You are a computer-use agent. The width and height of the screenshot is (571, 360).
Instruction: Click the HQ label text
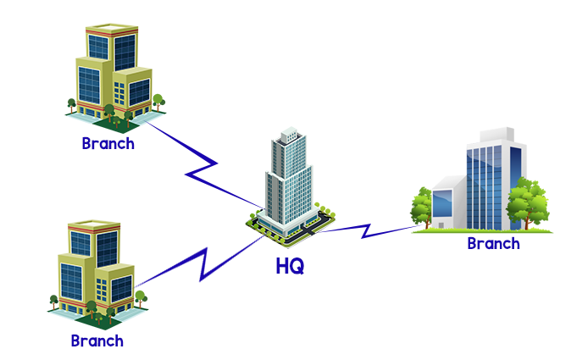point(289,265)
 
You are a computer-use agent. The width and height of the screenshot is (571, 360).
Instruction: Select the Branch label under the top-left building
point(108,143)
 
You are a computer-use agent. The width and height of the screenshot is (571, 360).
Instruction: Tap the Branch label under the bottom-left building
point(97,341)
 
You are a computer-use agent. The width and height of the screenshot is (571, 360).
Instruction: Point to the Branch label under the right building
point(493,244)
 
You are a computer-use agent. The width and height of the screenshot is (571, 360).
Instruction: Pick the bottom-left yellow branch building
point(94,271)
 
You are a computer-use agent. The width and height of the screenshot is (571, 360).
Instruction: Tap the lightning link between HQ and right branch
point(366,228)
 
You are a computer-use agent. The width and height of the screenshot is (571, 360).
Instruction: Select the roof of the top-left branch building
point(111,30)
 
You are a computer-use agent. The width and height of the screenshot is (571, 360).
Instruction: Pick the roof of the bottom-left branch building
point(94,227)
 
